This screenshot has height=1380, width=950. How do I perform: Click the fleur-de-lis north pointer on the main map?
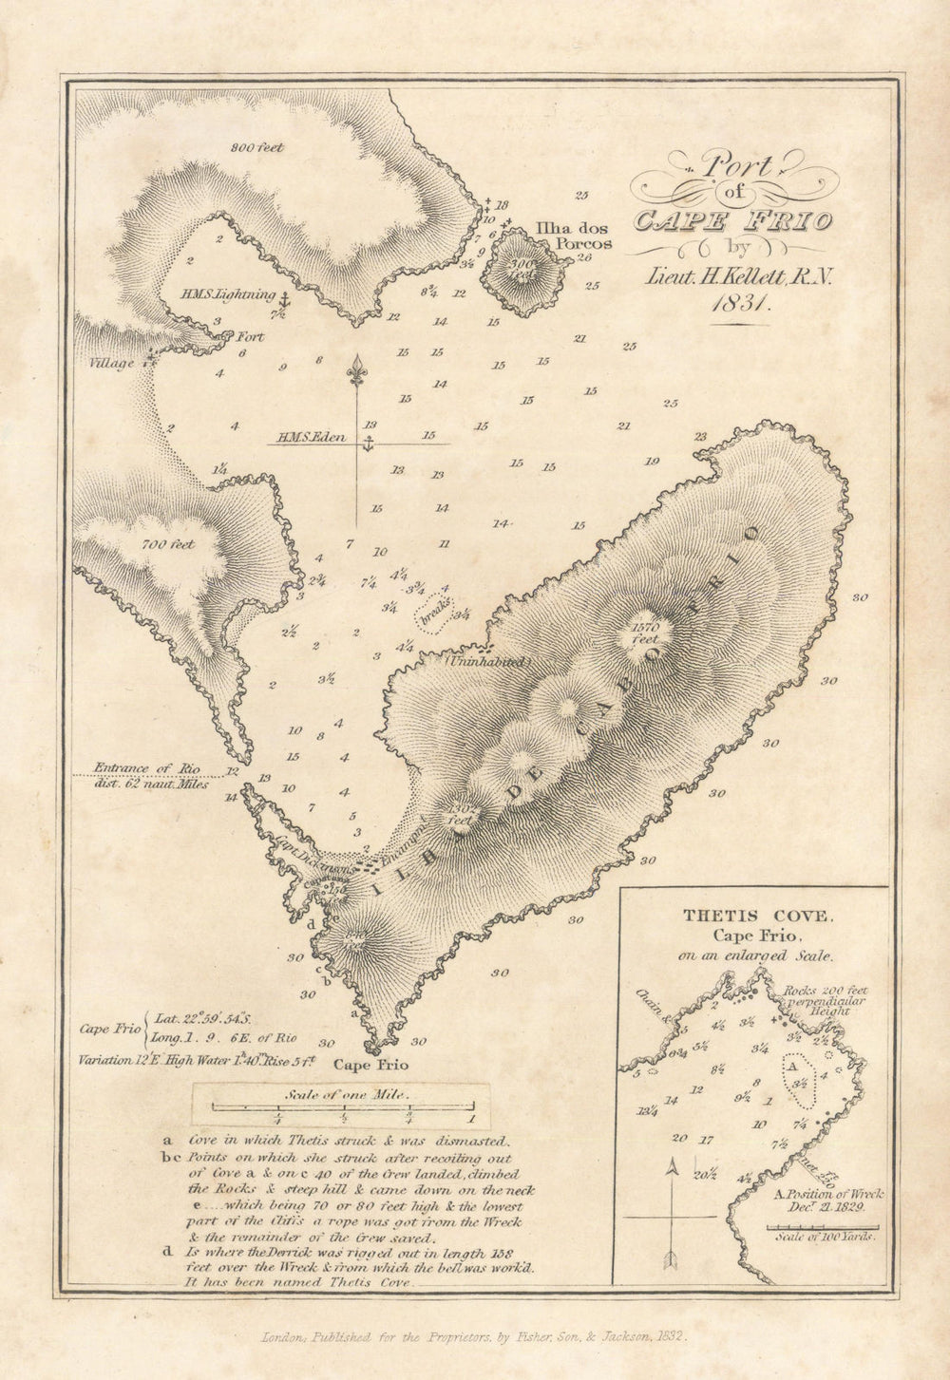[x=357, y=369]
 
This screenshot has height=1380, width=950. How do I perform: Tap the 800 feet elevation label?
[x=257, y=147]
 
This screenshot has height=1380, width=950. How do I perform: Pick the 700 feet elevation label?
[x=168, y=544]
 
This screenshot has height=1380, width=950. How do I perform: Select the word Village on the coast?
[x=112, y=364]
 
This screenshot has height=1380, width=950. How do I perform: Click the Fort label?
[x=250, y=337]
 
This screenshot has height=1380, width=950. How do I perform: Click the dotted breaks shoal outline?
[x=434, y=611]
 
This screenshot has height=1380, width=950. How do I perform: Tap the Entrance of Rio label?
[x=152, y=768]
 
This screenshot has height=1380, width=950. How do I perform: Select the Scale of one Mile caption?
[x=342, y=1093]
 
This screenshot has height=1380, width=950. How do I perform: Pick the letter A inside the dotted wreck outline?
[x=791, y=1067]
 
